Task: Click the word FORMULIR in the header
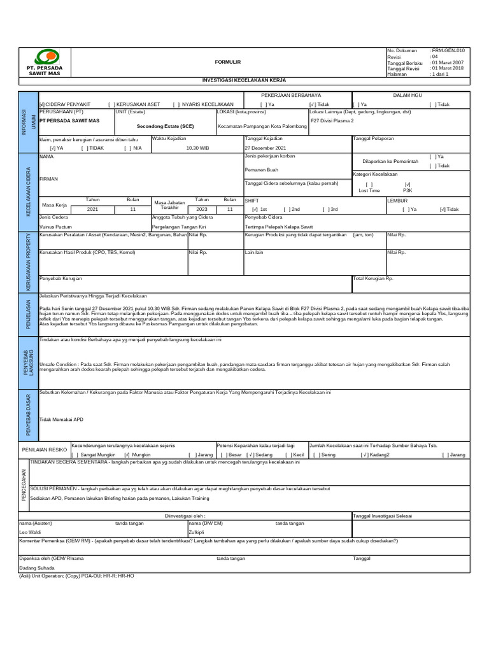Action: (227, 62)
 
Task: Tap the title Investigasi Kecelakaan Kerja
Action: (244, 81)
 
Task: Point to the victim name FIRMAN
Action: (48, 180)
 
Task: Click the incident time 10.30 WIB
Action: (197, 148)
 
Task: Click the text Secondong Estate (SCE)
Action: (166, 126)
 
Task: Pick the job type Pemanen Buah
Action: (263, 170)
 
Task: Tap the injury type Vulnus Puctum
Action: (55, 226)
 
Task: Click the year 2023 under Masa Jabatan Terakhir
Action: (202, 209)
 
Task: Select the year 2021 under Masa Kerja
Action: (92, 209)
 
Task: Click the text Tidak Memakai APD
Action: (61, 420)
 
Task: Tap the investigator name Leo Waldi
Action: (30, 532)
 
